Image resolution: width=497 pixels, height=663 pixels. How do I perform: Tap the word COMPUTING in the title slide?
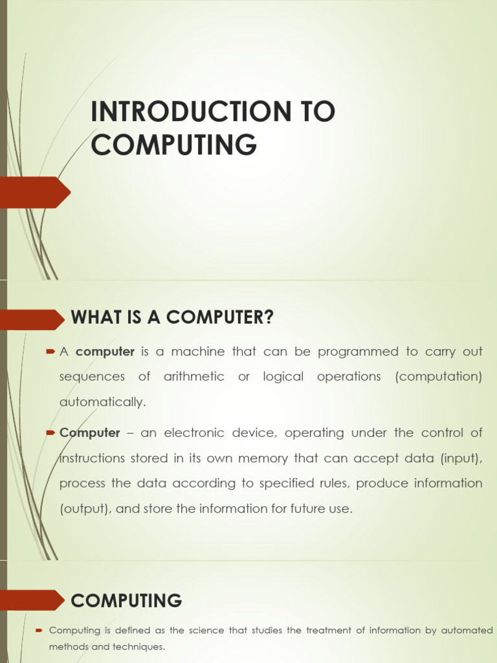click(173, 144)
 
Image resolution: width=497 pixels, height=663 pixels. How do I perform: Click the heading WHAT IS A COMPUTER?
click(172, 318)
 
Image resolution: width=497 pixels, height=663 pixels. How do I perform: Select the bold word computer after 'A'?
click(105, 352)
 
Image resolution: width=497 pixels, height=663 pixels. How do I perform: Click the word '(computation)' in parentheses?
click(439, 377)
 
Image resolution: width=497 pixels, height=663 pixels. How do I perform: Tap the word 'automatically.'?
click(103, 402)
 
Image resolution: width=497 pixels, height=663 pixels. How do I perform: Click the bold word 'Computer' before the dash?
click(90, 433)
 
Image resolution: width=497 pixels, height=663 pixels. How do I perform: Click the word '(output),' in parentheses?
click(85, 509)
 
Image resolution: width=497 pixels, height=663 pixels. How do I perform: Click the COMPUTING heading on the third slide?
click(127, 601)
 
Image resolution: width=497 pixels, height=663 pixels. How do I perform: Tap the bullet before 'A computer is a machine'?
click(50, 352)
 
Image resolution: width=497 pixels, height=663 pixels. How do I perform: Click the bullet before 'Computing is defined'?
click(39, 630)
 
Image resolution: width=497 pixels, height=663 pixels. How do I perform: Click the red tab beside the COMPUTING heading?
click(32, 600)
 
